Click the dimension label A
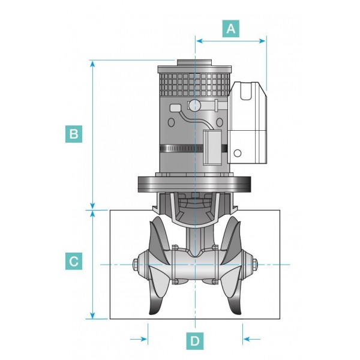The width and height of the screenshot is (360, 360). [x=231, y=29]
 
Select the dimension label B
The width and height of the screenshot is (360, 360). [x=73, y=134]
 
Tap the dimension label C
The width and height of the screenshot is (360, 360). [x=73, y=262]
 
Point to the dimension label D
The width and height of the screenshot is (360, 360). [x=195, y=341]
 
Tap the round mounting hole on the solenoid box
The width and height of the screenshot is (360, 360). [x=238, y=153]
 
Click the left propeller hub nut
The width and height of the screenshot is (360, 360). [x=134, y=265]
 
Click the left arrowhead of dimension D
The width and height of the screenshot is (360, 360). [x=144, y=339]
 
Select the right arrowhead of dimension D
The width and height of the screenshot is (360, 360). [x=246, y=339]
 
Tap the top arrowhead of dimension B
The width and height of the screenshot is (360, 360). [x=92, y=64]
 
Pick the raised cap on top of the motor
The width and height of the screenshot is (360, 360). [x=194, y=61]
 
